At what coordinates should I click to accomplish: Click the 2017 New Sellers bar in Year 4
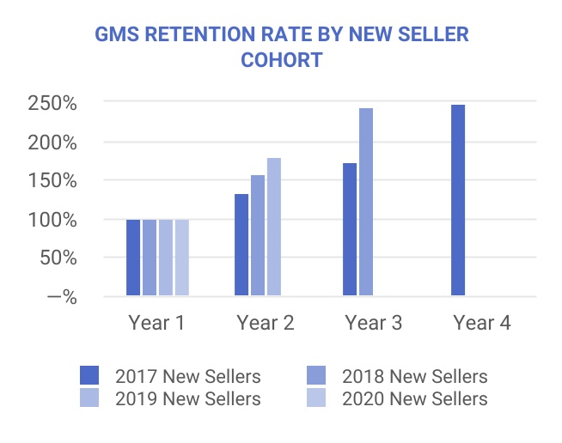click(x=458, y=200)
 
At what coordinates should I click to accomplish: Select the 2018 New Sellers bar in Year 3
click(x=366, y=203)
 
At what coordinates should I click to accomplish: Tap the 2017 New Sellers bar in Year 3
click(x=350, y=229)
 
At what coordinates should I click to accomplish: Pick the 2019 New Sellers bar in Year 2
click(x=274, y=227)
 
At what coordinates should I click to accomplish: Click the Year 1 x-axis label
click(x=157, y=323)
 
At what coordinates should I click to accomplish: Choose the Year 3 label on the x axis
click(x=374, y=323)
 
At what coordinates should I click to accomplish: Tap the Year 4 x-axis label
click(x=482, y=323)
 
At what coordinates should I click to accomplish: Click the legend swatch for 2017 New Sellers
click(x=89, y=376)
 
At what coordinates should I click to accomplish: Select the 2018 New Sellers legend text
click(x=414, y=376)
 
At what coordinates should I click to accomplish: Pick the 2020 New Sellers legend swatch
click(x=317, y=398)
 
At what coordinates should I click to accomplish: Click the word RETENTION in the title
click(x=210, y=35)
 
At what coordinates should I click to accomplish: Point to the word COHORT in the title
click(x=281, y=61)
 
